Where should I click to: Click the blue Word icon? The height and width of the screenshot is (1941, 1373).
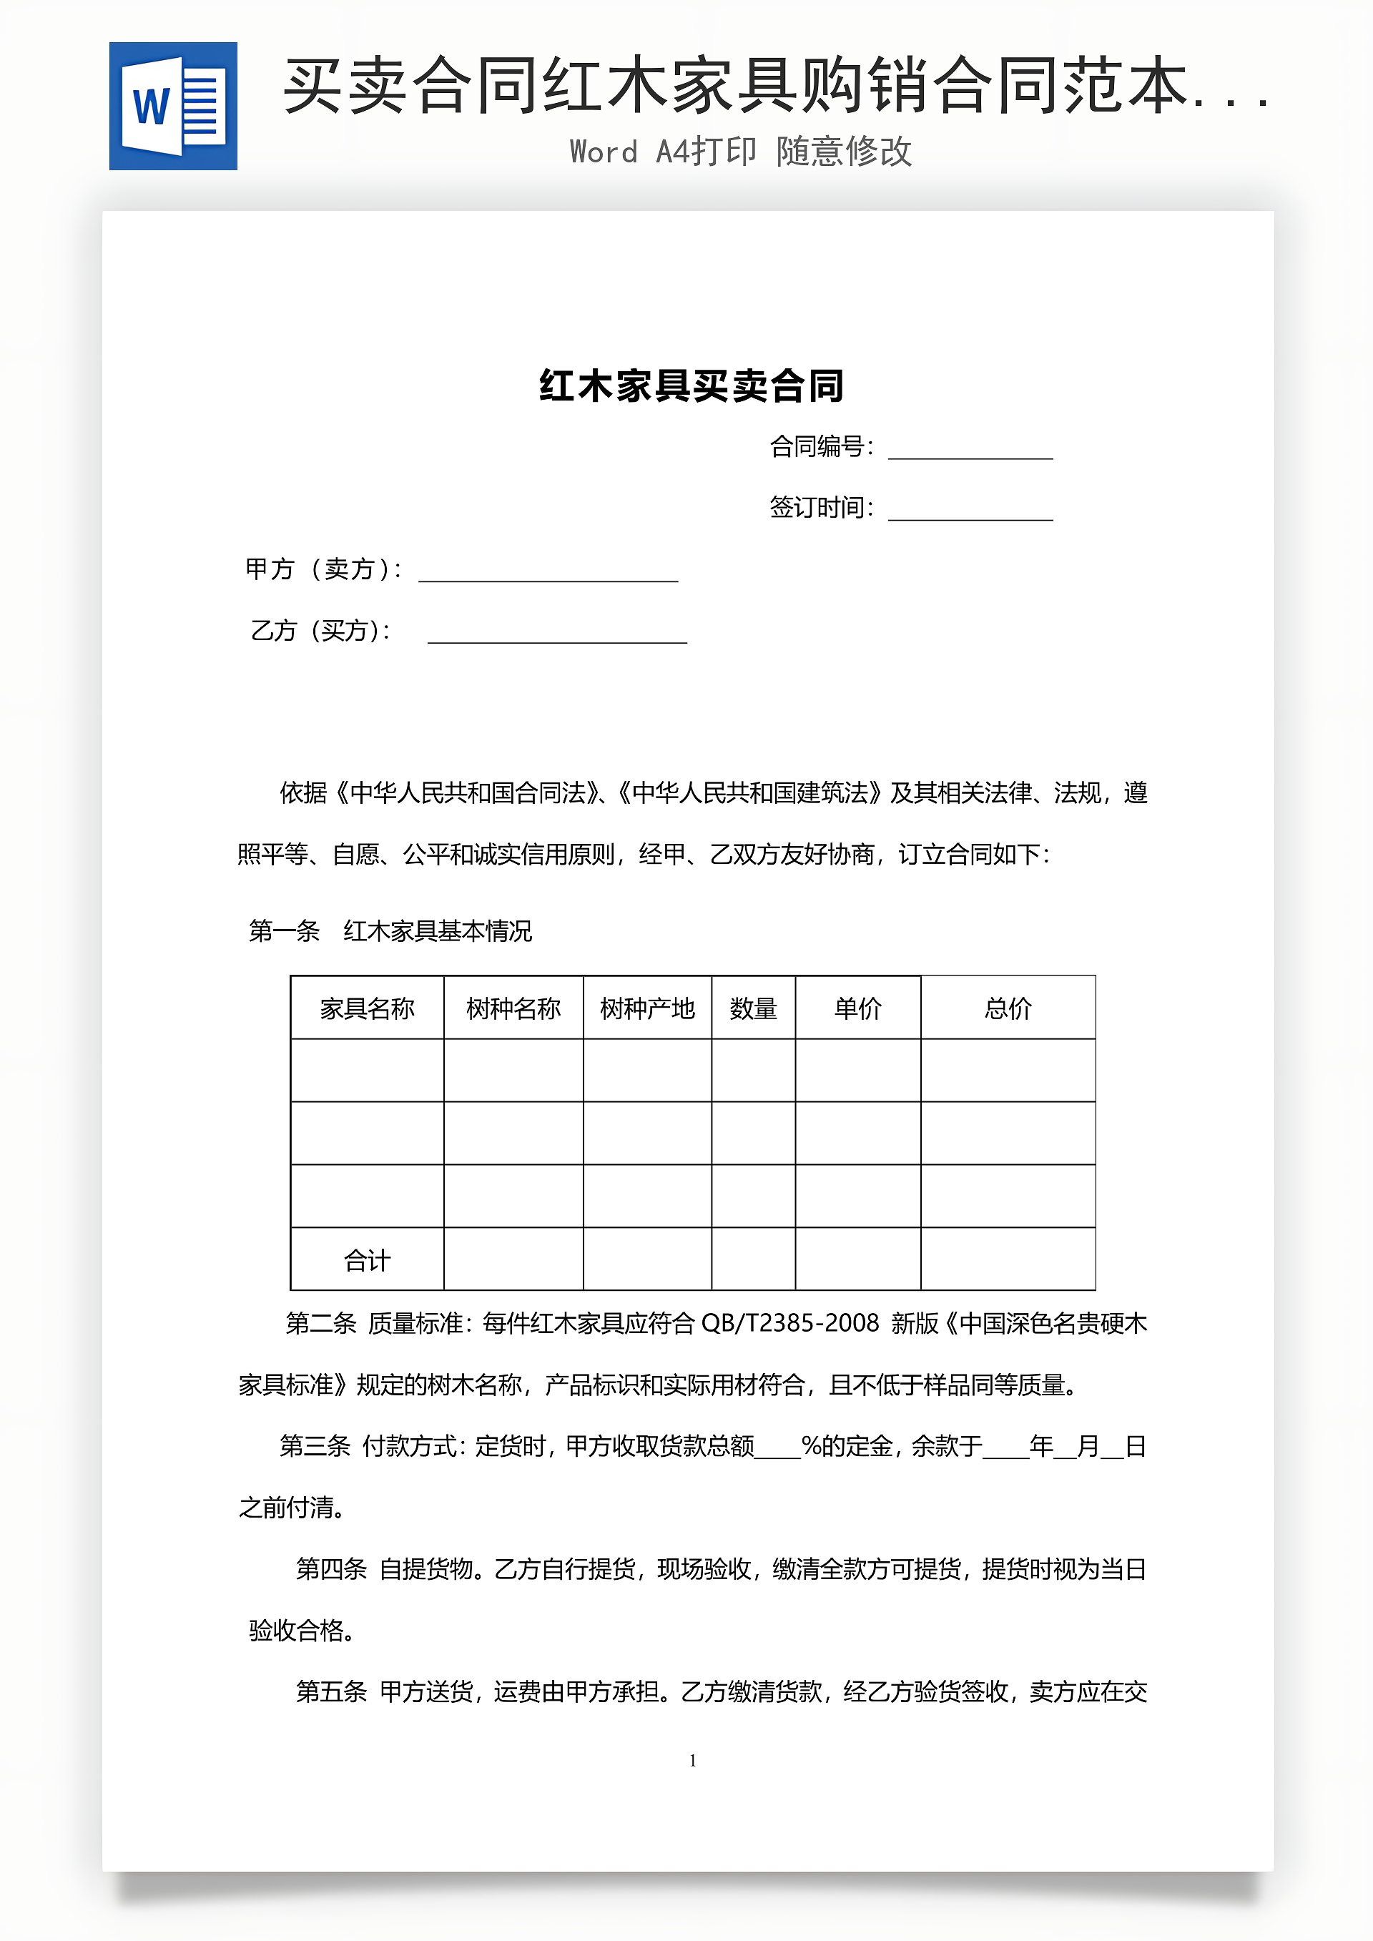pos(173,107)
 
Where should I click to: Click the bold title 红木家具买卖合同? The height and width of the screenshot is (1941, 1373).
pos(692,386)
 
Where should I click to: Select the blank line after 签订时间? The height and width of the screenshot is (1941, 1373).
pos(970,511)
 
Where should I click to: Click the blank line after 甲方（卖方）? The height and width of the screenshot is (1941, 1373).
pos(548,572)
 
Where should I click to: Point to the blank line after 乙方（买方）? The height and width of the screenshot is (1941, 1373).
pos(557,634)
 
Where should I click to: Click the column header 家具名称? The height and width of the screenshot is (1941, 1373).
pos(367,1008)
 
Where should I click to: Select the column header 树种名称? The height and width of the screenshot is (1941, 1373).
pos(513,1008)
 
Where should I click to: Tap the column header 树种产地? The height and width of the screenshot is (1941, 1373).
pos(646,1008)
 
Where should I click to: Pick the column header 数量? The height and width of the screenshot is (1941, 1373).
pos(752,1008)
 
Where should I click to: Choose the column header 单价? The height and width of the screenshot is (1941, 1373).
pos(857,1008)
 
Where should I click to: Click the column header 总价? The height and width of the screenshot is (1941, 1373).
pos(1008,1008)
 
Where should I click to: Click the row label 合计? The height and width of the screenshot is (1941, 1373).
pos(367,1260)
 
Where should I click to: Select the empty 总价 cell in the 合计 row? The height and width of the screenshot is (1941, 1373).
pos(1008,1259)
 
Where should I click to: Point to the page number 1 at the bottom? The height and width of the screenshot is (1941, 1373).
pos(692,1760)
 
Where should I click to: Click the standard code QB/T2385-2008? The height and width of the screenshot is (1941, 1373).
pos(790,1323)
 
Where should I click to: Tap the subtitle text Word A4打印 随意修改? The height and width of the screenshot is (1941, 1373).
pos(741,152)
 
